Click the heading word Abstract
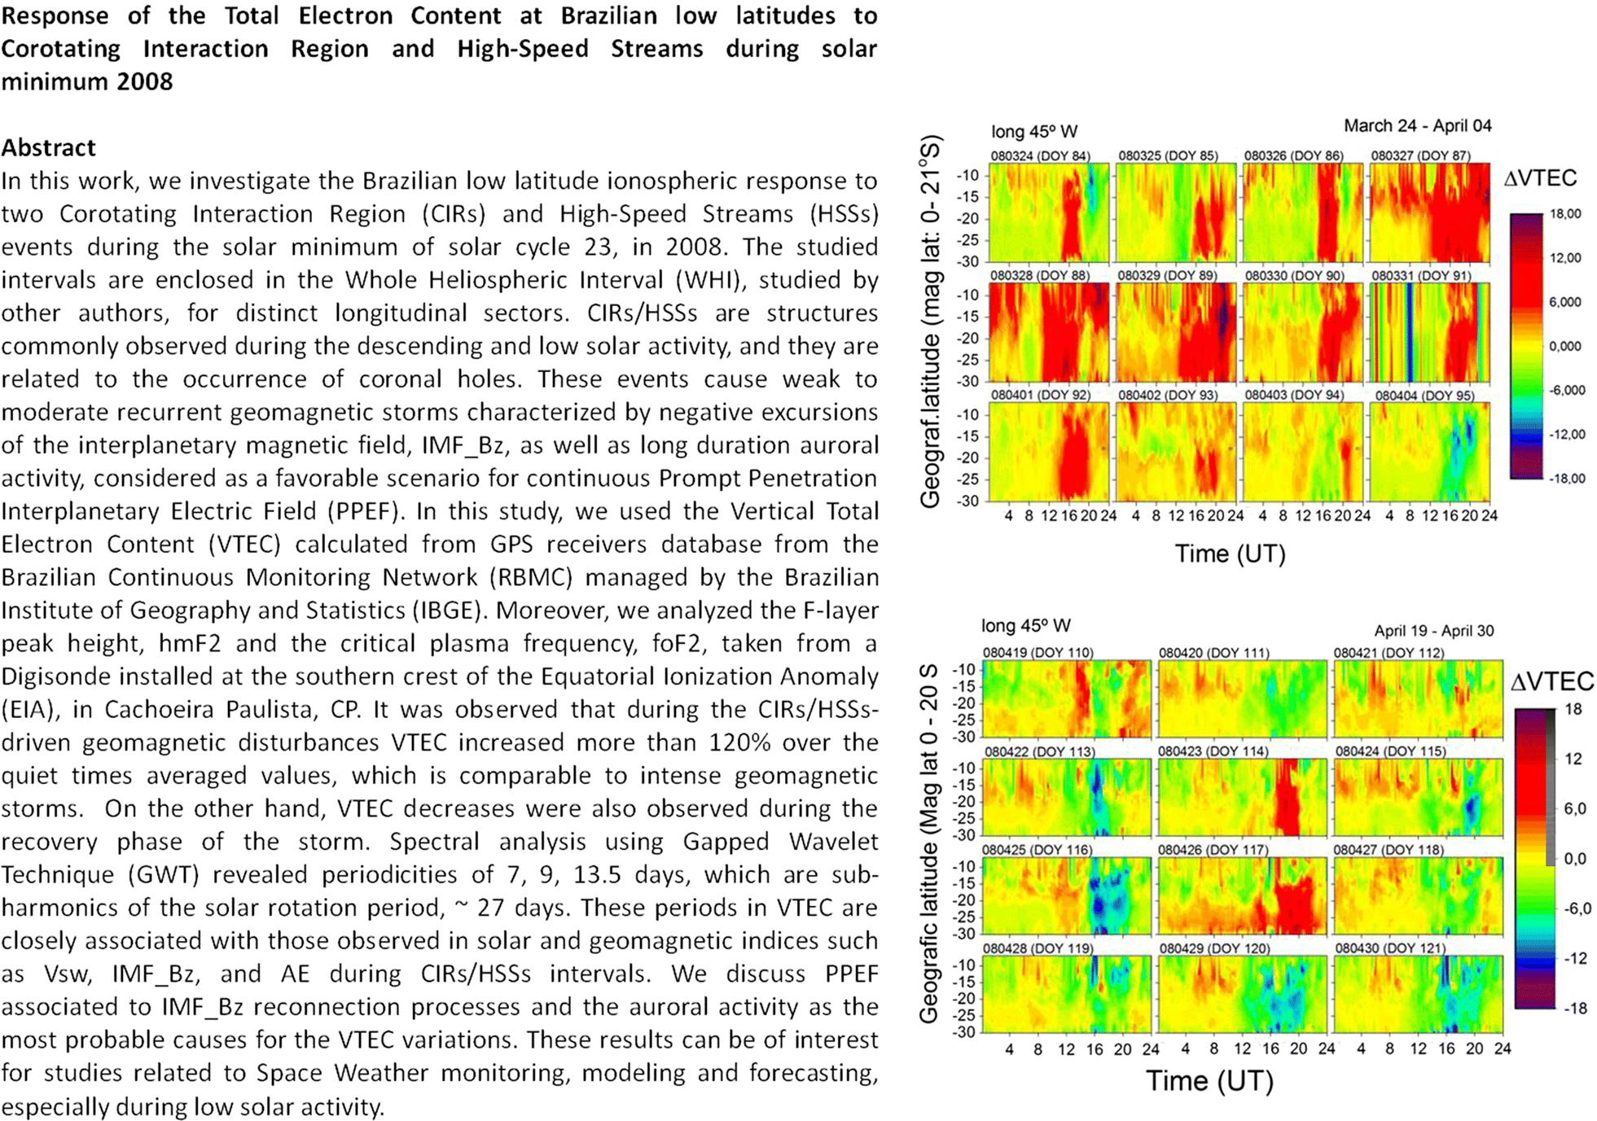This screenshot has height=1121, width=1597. pos(49,147)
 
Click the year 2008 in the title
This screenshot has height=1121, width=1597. pos(144,82)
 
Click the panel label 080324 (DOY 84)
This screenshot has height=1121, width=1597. pos(1040,155)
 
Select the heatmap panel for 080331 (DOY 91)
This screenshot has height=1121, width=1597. pos(1429,332)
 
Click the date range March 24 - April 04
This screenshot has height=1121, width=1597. pos(1417,126)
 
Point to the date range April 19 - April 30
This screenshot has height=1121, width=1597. pos(1433,631)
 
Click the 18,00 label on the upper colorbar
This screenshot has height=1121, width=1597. pos(1564,214)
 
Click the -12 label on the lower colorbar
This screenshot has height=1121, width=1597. pos(1576,958)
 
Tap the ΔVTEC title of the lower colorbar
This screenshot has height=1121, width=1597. pos(1551,681)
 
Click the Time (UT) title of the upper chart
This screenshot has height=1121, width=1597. pos(1230,554)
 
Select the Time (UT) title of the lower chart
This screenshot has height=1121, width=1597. pos(1209,1081)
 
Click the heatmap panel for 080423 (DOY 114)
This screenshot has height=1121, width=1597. pos(1242,798)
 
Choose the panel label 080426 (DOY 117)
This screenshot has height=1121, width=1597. pos(1213,850)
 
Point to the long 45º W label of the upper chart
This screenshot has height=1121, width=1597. pos(1033,132)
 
